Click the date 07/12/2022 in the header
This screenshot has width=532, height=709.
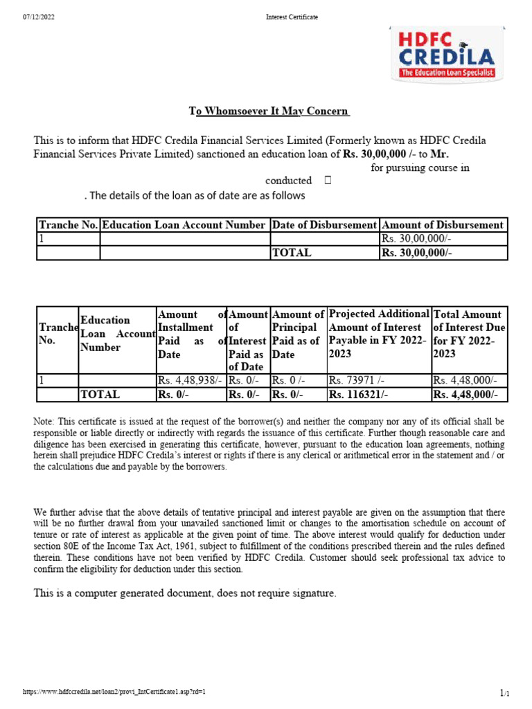coord(39,17)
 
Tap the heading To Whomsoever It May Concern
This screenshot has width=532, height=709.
coord(269,111)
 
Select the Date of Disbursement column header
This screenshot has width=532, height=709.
coord(324,225)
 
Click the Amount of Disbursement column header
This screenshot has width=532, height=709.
coord(443,225)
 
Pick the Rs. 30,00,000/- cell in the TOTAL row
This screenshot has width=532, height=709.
coord(416,253)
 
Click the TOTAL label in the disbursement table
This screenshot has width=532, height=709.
coord(292,253)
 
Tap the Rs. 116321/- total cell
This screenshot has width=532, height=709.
coord(358,395)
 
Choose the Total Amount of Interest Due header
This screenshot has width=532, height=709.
coord(470,334)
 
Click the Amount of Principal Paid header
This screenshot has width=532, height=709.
coord(296,334)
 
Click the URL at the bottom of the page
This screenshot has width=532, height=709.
coord(114,692)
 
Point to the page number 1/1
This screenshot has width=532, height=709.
coord(504,692)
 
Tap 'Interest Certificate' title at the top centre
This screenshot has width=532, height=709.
coord(292,17)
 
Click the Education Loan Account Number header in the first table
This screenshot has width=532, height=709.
coord(184,225)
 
